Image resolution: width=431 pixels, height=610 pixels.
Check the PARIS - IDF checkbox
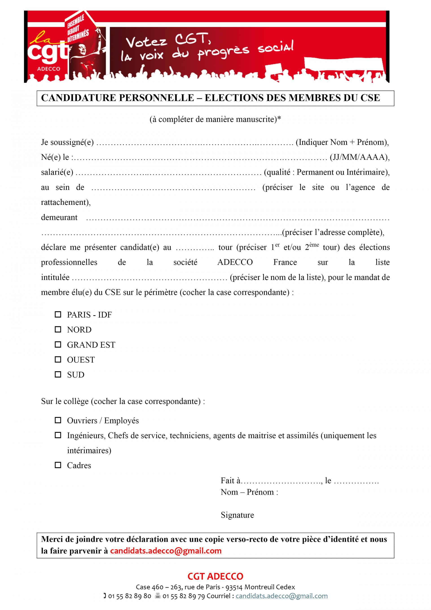coord(58,315)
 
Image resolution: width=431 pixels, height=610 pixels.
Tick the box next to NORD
coord(58,329)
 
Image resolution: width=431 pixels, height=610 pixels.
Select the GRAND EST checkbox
coord(58,345)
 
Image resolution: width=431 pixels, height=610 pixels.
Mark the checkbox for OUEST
coord(58,359)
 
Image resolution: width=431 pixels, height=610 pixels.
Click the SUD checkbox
coord(58,375)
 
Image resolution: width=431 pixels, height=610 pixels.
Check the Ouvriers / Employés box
coord(58,420)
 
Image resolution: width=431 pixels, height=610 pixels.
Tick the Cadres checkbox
coord(58,465)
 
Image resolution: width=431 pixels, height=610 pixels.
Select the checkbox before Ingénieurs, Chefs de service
coord(58,435)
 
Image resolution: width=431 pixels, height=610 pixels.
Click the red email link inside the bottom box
coord(166,551)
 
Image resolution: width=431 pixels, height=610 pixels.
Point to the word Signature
coord(237,515)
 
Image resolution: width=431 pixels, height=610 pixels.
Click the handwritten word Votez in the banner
coord(146,42)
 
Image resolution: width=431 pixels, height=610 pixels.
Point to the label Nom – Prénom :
coord(249,492)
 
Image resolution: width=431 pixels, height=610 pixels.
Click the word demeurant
coord(59,217)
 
